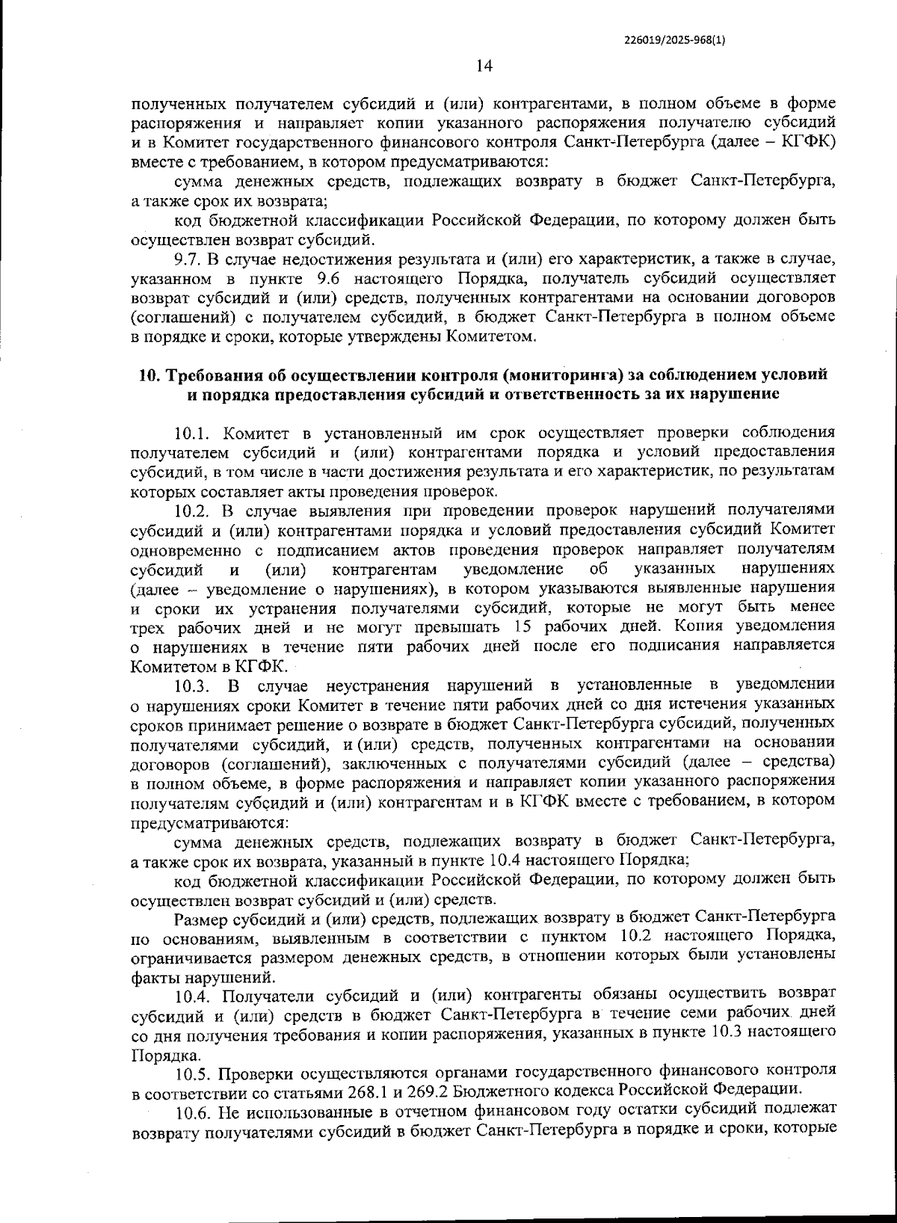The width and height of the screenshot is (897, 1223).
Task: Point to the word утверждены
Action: coord(395,337)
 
